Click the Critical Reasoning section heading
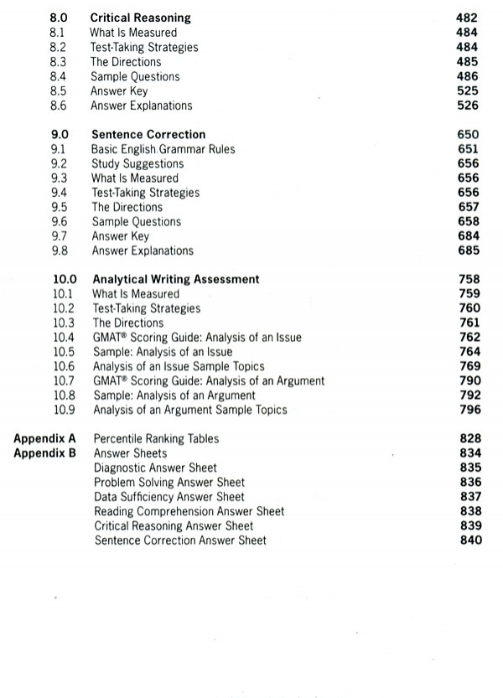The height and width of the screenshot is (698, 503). coord(140,18)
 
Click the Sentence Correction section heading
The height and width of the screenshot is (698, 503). coord(148,135)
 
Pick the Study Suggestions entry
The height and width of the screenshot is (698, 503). coord(137,164)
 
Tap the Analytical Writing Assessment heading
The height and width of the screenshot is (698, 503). coord(176,280)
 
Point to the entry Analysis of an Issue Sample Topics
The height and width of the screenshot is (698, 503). coord(179,366)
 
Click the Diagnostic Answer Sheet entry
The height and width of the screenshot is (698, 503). coord(155,468)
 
